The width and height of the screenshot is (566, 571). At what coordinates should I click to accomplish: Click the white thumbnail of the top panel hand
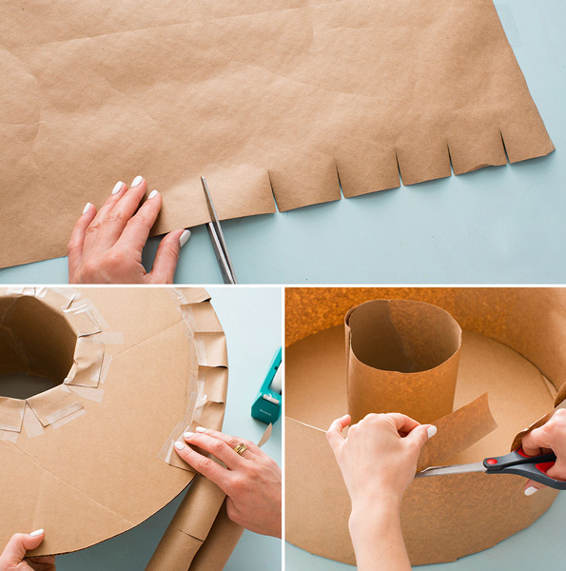click(185, 238)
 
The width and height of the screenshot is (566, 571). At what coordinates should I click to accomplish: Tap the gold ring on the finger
click(241, 448)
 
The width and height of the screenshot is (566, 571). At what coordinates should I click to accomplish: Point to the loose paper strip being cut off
click(461, 428)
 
